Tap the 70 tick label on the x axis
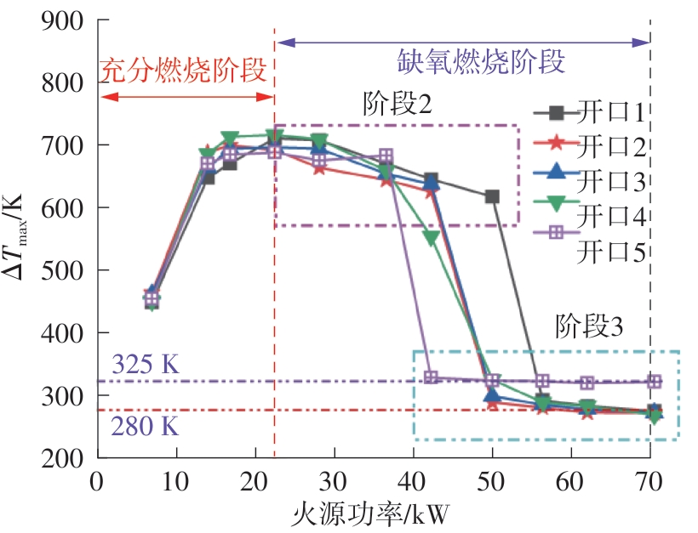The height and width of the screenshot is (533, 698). tap(649, 480)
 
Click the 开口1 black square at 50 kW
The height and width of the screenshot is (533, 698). tap(492, 196)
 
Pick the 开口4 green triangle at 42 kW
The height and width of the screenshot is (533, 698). tap(431, 238)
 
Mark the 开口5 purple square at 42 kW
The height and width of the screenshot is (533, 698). tap(431, 377)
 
